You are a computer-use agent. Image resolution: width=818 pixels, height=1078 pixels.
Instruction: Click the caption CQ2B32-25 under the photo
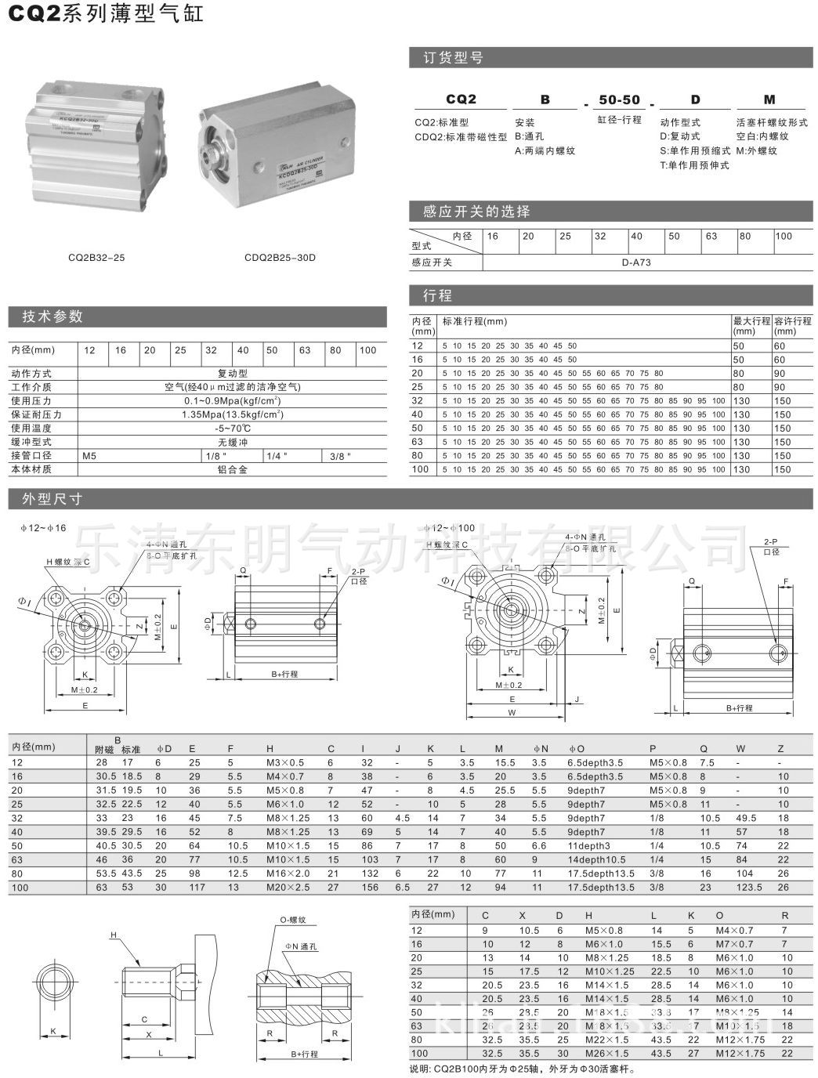tap(96, 255)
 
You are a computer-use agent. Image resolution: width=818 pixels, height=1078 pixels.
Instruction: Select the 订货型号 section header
tap(453, 57)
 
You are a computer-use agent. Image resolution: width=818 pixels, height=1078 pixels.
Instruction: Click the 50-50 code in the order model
tap(619, 99)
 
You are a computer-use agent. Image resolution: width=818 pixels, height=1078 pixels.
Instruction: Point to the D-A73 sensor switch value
tap(636, 262)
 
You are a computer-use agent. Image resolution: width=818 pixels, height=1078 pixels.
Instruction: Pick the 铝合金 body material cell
tap(232, 469)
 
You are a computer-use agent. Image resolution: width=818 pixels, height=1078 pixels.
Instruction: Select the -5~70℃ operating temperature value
tap(232, 429)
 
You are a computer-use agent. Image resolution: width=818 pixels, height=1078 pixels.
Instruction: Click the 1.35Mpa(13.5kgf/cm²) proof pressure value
tap(232, 414)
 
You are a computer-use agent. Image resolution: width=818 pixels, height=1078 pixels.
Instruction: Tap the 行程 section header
tap(437, 295)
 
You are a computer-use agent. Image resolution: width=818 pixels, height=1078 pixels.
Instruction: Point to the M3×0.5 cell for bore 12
tap(284, 762)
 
